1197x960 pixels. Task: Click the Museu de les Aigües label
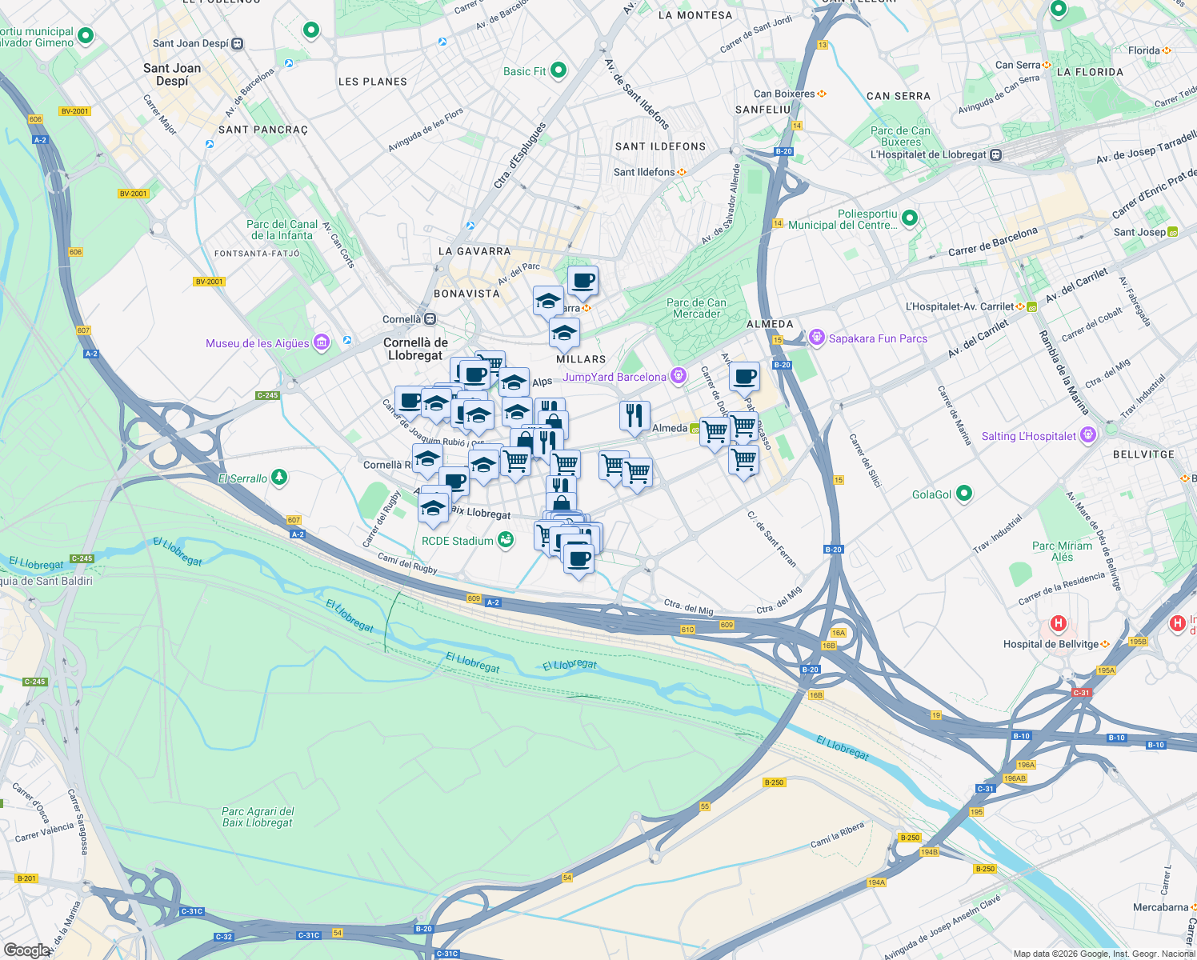coord(257,343)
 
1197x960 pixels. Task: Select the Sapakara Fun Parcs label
coord(878,338)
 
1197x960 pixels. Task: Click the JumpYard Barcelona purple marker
coord(679,376)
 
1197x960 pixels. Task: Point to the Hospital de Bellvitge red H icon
coord(1059,623)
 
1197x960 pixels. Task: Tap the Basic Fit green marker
coord(558,70)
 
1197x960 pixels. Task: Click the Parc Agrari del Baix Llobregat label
coord(258,817)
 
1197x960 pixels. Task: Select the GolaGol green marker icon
coord(964,494)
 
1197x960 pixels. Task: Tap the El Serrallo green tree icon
coord(278,478)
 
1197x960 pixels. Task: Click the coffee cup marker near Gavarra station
coord(582,282)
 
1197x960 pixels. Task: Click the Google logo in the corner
coord(26,950)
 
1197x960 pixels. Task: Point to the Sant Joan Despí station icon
coord(238,44)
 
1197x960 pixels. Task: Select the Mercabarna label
coord(1160,907)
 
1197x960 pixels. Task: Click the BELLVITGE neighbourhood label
coord(1143,454)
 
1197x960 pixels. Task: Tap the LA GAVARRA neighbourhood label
coord(474,251)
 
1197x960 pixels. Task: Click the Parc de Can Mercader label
coord(696,308)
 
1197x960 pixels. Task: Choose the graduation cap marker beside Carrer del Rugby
coord(433,509)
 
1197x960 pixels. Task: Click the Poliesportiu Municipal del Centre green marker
coord(910,218)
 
